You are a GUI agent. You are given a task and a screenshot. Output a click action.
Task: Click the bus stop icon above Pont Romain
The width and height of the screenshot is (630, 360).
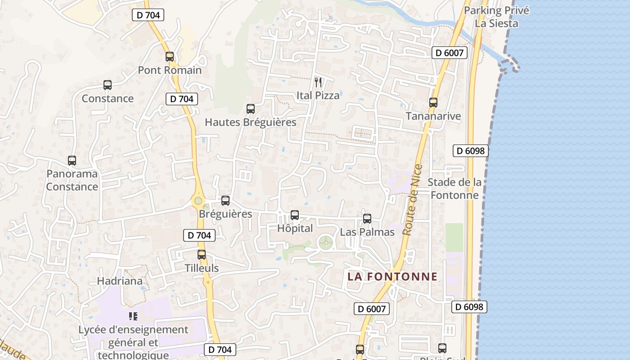click(x=170, y=57)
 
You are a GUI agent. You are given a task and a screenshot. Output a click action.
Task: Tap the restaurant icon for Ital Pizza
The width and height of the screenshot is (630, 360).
click(x=318, y=82)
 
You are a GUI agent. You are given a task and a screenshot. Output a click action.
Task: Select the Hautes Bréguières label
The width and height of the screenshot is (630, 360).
click(x=251, y=122)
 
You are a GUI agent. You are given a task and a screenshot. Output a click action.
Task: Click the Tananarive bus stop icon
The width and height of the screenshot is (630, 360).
click(x=433, y=103)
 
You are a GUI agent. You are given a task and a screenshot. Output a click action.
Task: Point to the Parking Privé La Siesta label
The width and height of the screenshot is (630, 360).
click(x=496, y=17)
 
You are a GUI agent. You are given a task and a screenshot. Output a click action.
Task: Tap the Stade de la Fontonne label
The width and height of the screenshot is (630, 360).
click(x=454, y=189)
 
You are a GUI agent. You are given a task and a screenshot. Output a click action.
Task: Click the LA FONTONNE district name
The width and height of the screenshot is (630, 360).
click(x=392, y=276)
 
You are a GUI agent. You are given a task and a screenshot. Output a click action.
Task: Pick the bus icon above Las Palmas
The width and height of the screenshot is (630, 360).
click(x=367, y=219)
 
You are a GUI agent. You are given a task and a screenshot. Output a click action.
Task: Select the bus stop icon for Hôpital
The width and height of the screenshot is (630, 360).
click(x=295, y=215)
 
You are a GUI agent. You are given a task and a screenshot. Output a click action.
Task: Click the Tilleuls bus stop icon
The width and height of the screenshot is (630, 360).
click(x=202, y=255)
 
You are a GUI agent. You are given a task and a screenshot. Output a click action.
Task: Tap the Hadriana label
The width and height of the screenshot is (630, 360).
click(x=120, y=281)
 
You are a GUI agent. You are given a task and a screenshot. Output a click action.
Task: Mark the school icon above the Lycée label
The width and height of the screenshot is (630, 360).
click(x=133, y=316)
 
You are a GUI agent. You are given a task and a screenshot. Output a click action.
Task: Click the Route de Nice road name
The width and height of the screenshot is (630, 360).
click(x=413, y=200)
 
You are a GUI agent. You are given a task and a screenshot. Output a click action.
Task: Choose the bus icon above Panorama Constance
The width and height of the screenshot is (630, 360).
click(x=72, y=161)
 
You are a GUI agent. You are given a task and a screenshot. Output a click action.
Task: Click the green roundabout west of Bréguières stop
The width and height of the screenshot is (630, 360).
click(x=198, y=201)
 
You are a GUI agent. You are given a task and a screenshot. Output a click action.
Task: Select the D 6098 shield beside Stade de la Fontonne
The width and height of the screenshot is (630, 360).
click(x=471, y=151)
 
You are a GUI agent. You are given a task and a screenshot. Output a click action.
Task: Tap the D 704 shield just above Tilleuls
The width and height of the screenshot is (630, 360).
click(x=199, y=235)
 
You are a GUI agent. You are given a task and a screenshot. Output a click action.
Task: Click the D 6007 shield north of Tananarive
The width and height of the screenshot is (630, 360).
click(x=450, y=53)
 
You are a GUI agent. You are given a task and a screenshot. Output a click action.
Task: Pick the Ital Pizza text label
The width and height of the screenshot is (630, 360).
click(x=318, y=95)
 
